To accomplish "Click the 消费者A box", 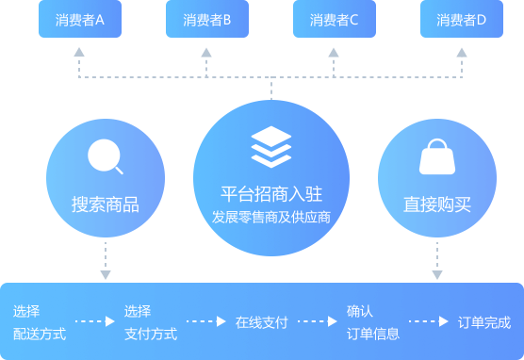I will pos(80,19).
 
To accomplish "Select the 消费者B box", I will pos(207,19).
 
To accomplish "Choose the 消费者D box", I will pos(462,19).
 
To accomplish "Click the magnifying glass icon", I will pos(105,156).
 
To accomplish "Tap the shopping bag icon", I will pos(436,157).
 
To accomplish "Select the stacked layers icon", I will pos(271,147).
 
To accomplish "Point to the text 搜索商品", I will pos(106,205).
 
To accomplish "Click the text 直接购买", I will pos(437,205).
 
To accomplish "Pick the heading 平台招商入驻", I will pos(271,194).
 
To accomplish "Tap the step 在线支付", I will pos(261,321).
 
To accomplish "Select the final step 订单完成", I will pos(484,321).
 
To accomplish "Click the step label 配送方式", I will pos(40,333).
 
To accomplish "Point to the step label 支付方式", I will pos(151,333).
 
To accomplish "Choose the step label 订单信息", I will pos(373,333).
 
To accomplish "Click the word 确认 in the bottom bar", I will pos(360,311).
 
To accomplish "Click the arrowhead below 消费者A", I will pos(79,53).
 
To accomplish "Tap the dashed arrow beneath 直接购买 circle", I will pos(437,260).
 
